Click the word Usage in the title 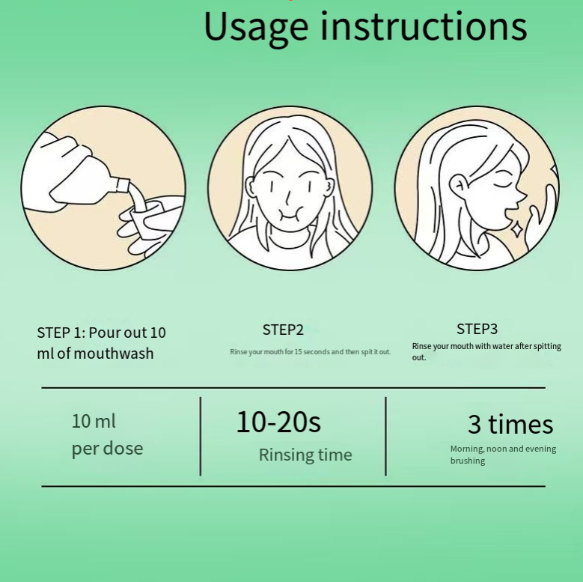coord(256,28)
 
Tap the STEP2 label coord(283,330)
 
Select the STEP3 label coord(477,329)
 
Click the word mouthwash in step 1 coord(114,354)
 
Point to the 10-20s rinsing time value coord(278,422)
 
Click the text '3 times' coord(510,424)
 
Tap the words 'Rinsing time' coord(305,455)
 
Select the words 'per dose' coord(107,449)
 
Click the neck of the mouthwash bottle coord(122,185)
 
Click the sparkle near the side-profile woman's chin coord(516,230)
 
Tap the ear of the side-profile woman coord(458,186)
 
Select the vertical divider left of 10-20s coord(201,436)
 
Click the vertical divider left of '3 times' coord(385,436)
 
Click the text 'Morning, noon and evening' coord(503,449)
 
